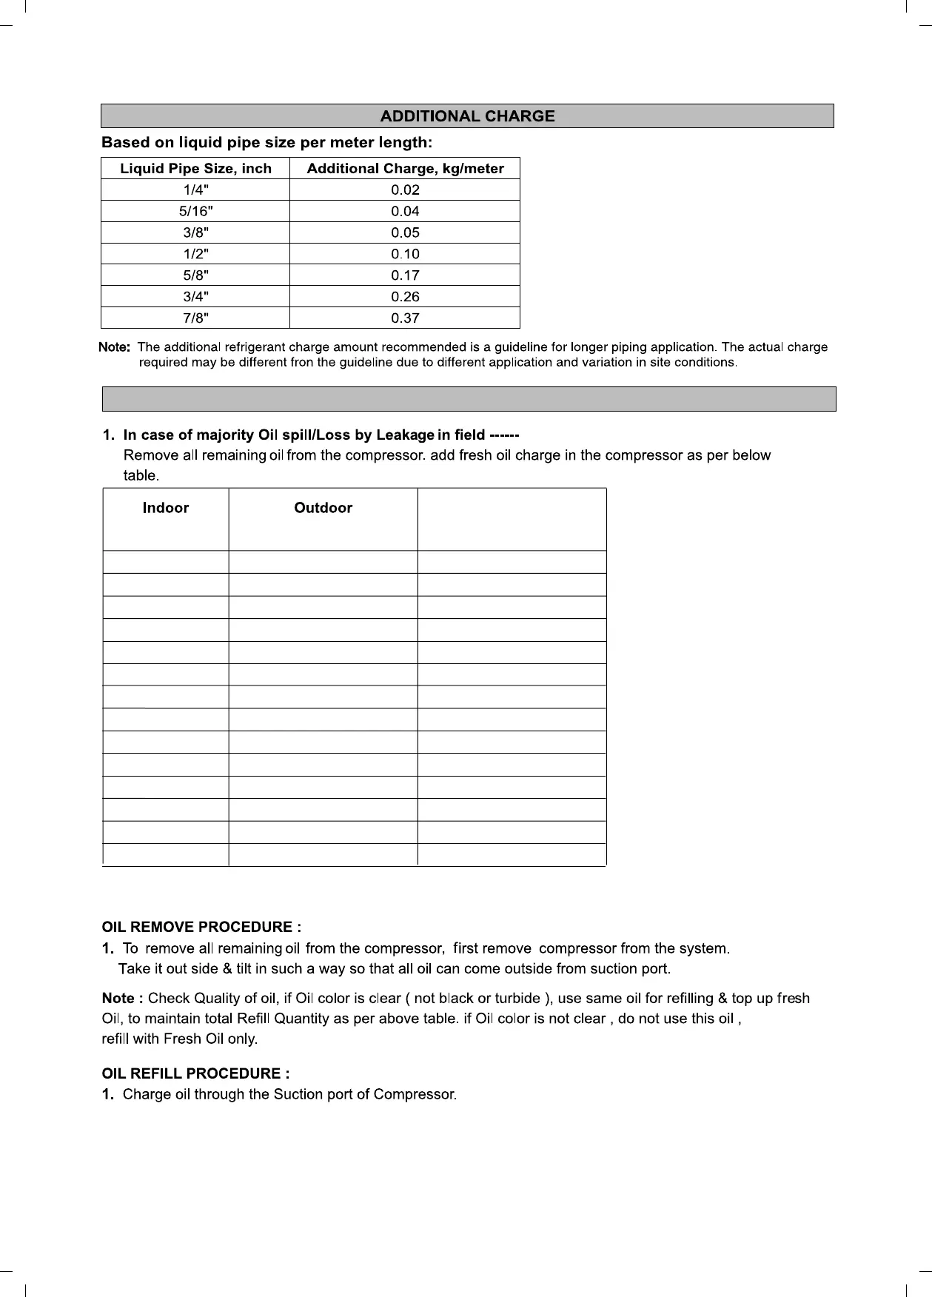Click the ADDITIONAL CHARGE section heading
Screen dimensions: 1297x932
click(x=467, y=116)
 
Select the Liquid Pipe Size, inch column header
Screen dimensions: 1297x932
click(x=195, y=169)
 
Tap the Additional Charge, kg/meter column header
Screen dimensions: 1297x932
click(x=405, y=169)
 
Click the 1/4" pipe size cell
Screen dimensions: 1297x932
click(x=195, y=190)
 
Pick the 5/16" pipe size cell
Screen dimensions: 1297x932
click(x=195, y=212)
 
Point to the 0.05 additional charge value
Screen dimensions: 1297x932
click(x=405, y=233)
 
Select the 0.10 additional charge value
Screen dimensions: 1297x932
click(x=405, y=255)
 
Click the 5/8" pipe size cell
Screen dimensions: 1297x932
click(x=195, y=276)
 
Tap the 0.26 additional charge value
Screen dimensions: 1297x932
click(x=405, y=298)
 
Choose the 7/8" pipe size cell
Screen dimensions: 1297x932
click(x=195, y=319)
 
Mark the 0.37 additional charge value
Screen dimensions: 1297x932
click(x=405, y=319)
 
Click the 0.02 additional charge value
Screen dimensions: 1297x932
click(x=405, y=190)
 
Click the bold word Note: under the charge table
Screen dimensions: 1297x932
click(x=115, y=347)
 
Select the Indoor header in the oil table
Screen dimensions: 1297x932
click(x=165, y=508)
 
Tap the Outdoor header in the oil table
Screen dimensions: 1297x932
click(x=323, y=508)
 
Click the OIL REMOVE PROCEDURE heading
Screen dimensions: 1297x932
click(x=201, y=928)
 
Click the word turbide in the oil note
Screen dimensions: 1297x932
click(x=518, y=999)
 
